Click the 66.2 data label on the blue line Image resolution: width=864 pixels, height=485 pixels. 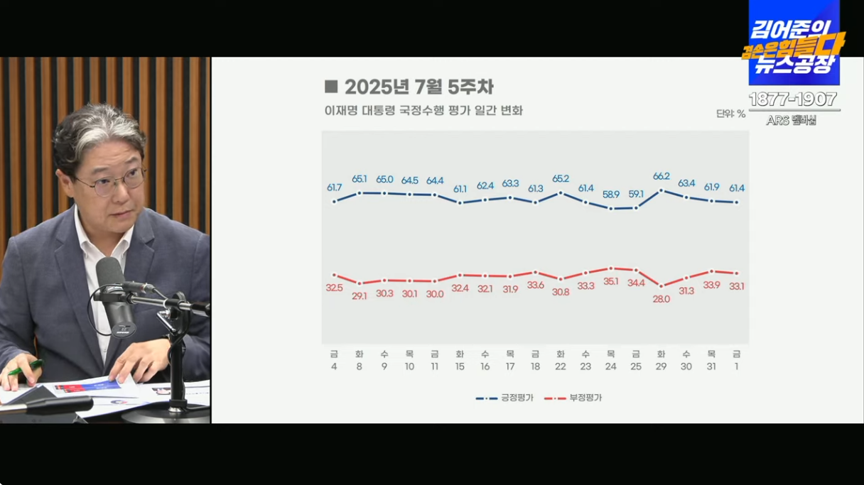click(x=661, y=176)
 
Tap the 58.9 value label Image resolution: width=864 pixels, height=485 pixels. click(x=610, y=194)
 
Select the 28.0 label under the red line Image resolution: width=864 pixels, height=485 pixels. click(x=661, y=299)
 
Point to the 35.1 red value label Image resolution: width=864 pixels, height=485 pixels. click(x=610, y=281)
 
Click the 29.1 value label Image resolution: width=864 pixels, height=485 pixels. click(x=359, y=295)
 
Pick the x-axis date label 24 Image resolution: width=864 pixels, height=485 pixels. click(x=610, y=367)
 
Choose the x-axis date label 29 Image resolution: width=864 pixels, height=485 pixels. click(x=661, y=367)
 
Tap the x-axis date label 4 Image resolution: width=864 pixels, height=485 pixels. click(x=334, y=367)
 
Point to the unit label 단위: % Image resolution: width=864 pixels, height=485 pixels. click(x=730, y=114)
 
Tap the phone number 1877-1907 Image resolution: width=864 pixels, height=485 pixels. click(x=793, y=99)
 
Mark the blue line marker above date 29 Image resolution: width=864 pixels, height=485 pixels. click(x=661, y=190)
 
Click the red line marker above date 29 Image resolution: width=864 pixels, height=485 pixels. click(x=661, y=285)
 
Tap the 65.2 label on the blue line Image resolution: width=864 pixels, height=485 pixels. click(x=560, y=179)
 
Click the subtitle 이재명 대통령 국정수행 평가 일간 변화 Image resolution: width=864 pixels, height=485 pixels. click(x=423, y=111)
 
